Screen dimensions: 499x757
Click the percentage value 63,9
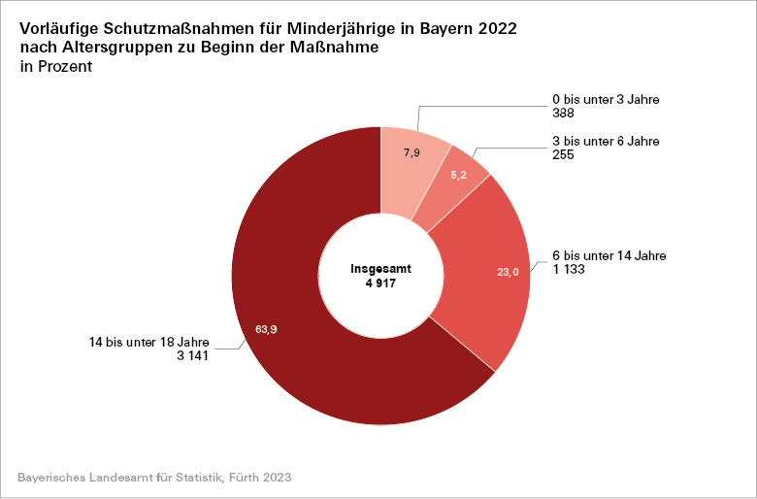[266, 329]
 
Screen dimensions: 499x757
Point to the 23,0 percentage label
[509, 273]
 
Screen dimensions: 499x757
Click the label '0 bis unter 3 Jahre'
[605, 100]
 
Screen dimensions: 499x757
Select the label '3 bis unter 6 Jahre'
[605, 142]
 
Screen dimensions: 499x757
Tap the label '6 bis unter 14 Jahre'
[609, 255]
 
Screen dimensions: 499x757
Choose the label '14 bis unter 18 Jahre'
[148, 342]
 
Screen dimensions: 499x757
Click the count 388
[563, 113]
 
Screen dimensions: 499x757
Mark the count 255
[563, 154]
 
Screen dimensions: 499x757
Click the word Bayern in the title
[452, 29]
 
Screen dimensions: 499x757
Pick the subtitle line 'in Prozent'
[56, 67]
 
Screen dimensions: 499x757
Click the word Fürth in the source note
[247, 479]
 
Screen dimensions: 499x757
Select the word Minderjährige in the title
[346, 29]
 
